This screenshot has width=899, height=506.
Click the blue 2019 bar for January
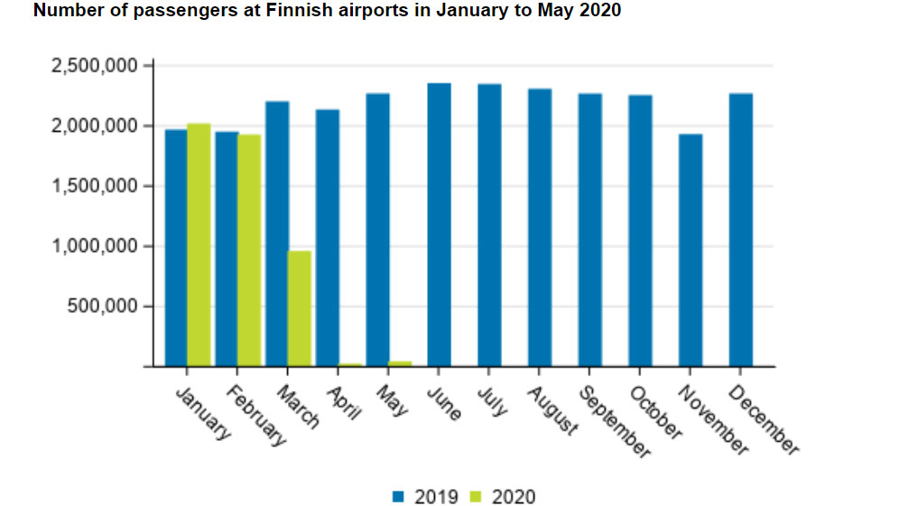pyautogui.click(x=176, y=248)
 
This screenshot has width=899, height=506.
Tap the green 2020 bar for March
pyautogui.click(x=300, y=308)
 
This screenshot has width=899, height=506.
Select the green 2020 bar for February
pyautogui.click(x=249, y=250)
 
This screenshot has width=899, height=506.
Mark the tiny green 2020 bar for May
pyautogui.click(x=400, y=363)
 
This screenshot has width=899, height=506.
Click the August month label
pyautogui.click(x=551, y=410)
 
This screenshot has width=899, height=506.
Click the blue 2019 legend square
pyautogui.click(x=398, y=496)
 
